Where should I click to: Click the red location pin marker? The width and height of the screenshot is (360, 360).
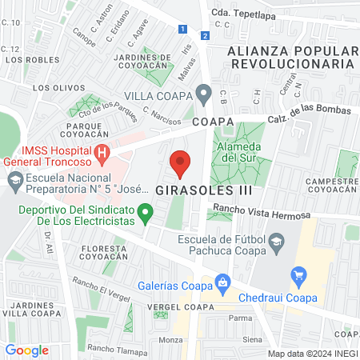pos(180,163)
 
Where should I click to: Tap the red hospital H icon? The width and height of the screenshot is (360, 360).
pos(102,152)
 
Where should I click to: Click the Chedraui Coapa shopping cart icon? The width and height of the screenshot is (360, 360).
pos(299,278)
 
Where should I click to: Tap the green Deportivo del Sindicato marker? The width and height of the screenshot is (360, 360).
pos(146,213)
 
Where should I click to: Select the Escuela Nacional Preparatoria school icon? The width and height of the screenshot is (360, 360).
pos(14,183)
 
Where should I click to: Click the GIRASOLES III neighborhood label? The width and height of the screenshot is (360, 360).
pos(204,190)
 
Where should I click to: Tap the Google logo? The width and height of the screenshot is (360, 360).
pos(26,350)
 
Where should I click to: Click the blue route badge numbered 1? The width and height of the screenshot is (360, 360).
pos(183,29)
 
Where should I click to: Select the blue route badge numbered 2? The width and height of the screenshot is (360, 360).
pos(206,35)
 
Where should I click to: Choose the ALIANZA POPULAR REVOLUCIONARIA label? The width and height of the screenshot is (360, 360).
pos(290,57)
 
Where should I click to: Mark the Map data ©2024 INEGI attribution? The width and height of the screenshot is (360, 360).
pos(312,353)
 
